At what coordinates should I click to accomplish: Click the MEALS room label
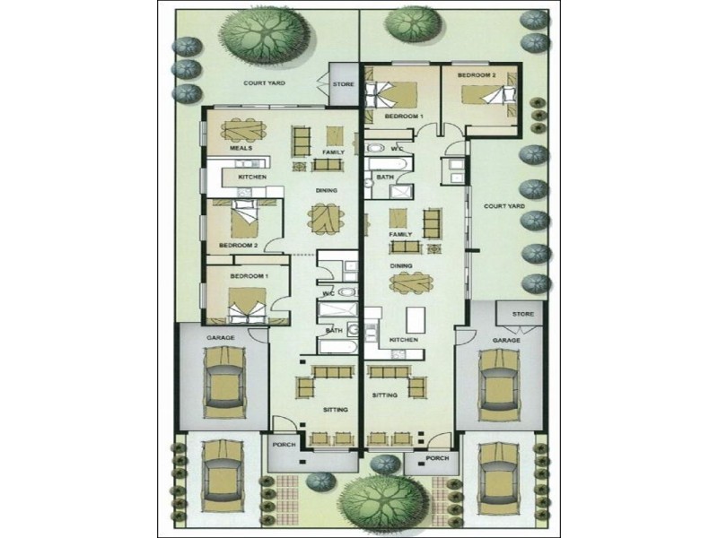coord(241,147)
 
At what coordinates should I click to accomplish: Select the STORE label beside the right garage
coord(522,315)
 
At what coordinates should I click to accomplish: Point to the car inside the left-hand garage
coord(224,382)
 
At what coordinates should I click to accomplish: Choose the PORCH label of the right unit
coord(437,457)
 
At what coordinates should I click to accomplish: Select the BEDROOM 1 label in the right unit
coord(403,117)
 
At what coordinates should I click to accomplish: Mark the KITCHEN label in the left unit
coord(251,178)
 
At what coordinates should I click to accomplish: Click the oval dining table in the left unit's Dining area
coord(326,218)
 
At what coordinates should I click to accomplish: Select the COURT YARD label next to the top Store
coord(264,83)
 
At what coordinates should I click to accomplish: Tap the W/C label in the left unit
coord(328,294)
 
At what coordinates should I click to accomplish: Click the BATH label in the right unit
coord(386,178)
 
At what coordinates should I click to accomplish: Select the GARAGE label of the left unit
coord(220,338)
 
